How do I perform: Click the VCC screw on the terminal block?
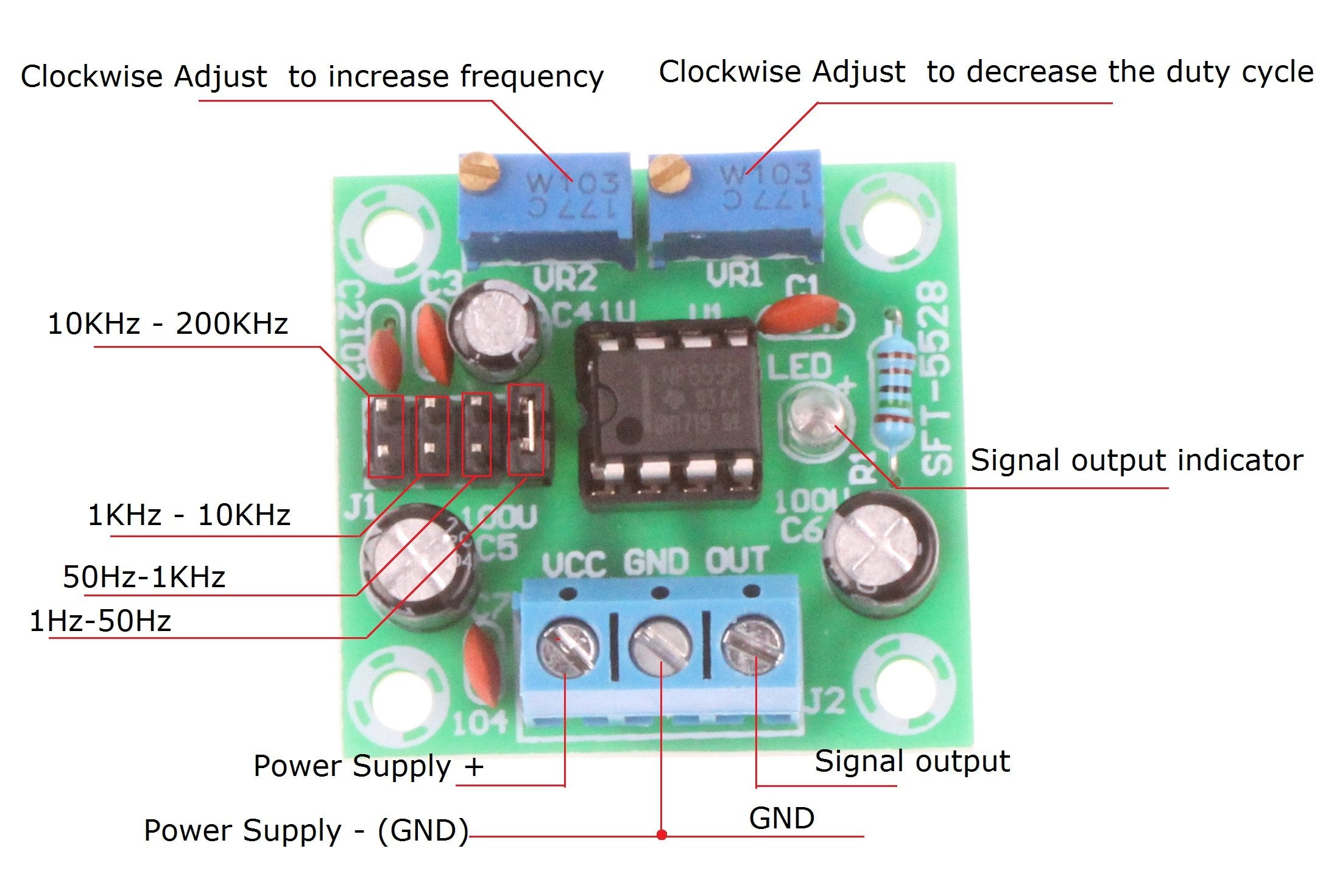tap(566, 647)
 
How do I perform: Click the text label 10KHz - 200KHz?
tap(168, 323)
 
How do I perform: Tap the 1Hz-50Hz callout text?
tap(101, 621)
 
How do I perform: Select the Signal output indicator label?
tap(1136, 460)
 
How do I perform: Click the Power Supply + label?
tap(368, 766)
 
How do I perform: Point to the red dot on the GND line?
tap(662, 834)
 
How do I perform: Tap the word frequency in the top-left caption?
tap(531, 77)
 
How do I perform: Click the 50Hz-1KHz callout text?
tap(144, 576)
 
